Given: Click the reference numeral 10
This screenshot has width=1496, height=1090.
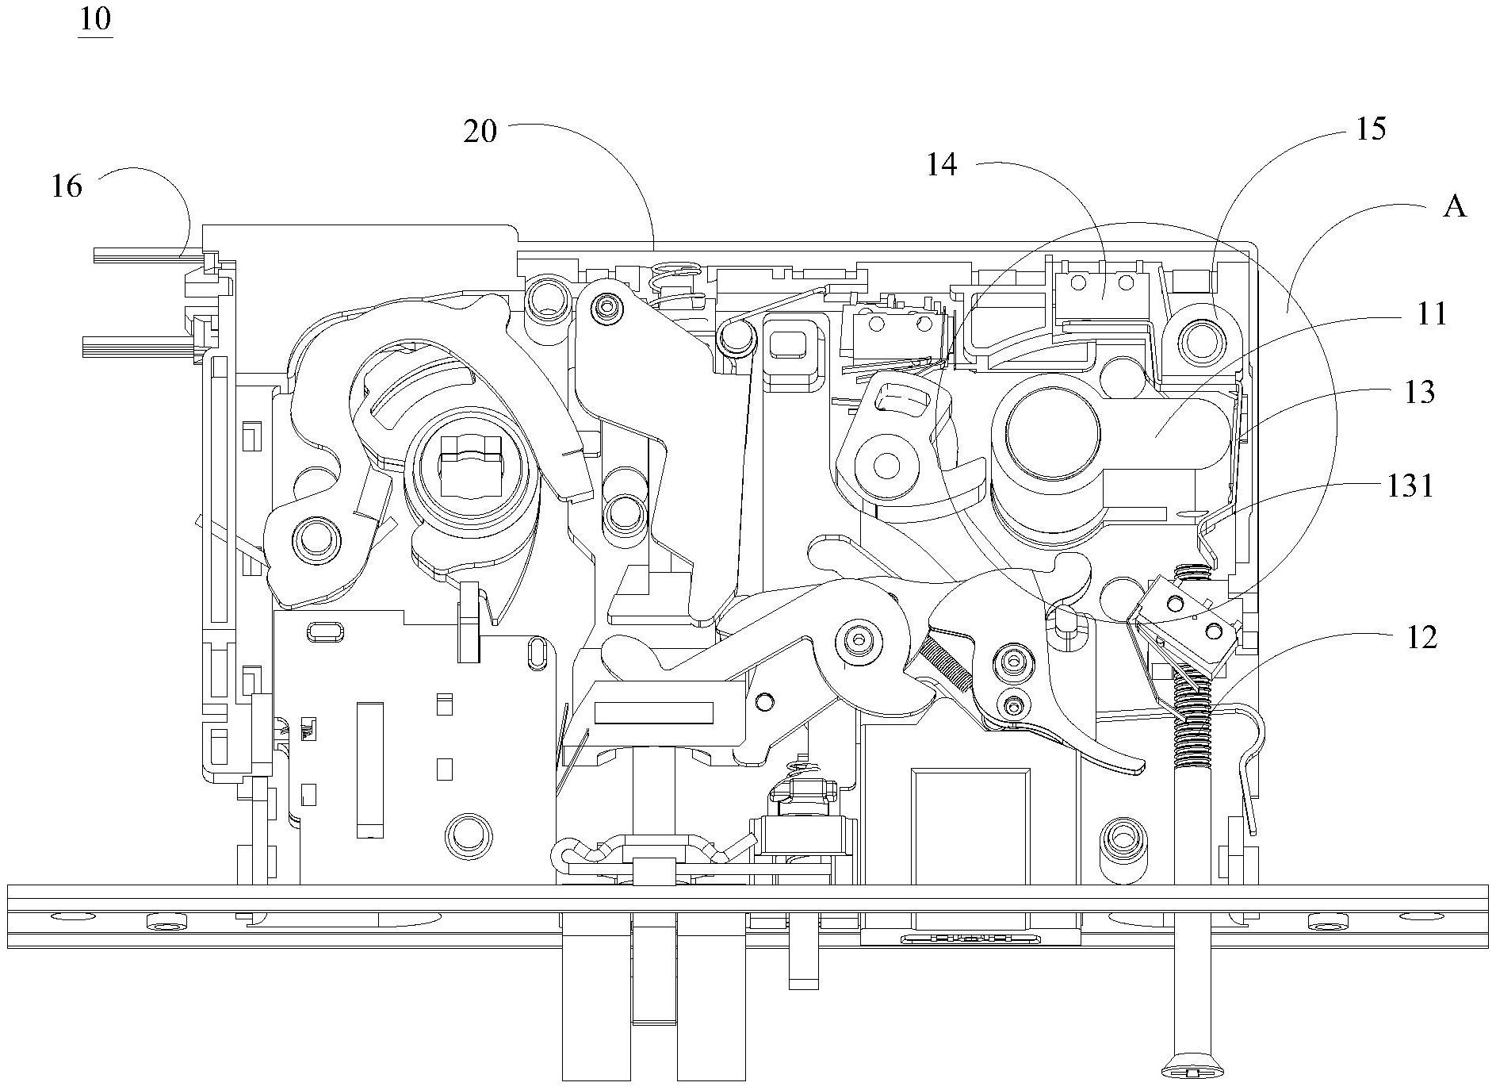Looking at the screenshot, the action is (x=95, y=18).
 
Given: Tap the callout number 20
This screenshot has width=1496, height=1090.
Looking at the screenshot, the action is (x=480, y=132).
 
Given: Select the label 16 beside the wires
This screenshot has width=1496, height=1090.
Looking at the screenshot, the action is (x=67, y=186).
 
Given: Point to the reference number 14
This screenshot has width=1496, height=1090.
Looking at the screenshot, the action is (x=943, y=165).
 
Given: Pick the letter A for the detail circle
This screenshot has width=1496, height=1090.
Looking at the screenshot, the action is (x=1455, y=207).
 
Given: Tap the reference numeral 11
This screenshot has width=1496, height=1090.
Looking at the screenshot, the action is (x=1432, y=314).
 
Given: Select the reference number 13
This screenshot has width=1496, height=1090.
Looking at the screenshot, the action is (x=1420, y=392).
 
